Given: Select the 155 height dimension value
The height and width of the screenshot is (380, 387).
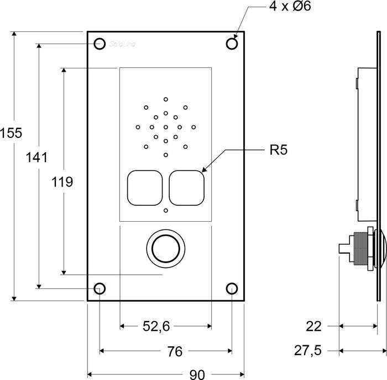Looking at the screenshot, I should click(11, 133).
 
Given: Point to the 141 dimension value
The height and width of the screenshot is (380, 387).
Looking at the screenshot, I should click(36, 157).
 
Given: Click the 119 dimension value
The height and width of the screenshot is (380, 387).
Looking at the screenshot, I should click(62, 182).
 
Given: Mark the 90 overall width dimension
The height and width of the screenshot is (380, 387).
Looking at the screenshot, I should click(197, 374).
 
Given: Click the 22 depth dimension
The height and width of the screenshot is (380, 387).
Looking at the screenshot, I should click(313, 327).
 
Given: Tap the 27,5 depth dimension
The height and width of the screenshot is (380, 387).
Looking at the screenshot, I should click(310, 350).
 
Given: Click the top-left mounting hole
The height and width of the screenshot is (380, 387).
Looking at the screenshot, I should click(100, 44).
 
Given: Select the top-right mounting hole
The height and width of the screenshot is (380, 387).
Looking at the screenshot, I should click(232, 44).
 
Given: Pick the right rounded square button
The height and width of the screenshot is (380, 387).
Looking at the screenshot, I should click(187, 187).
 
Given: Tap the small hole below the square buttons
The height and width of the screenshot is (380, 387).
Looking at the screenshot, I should click(165, 211).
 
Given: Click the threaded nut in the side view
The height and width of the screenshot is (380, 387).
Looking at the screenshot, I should click(360, 249).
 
